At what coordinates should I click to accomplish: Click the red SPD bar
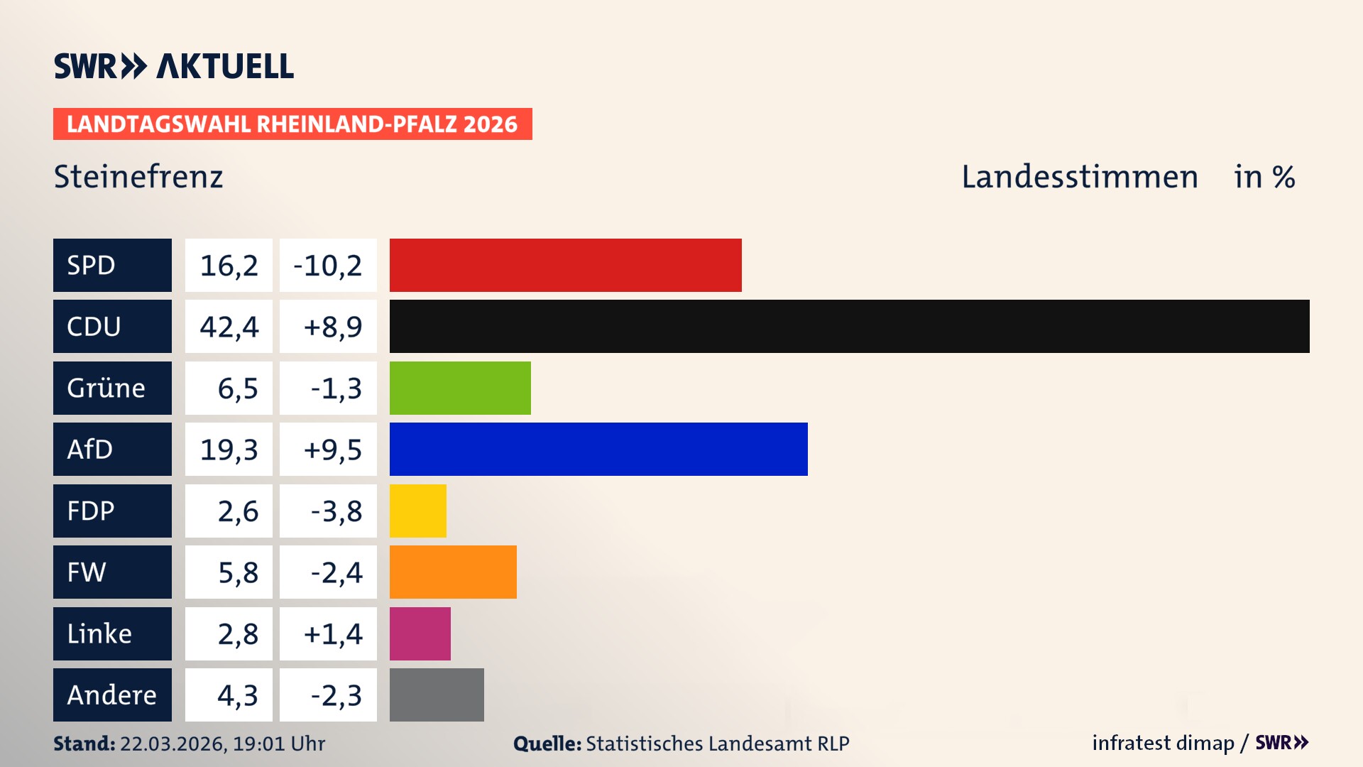pos(565,265)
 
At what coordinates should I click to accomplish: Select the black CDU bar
pos(849,326)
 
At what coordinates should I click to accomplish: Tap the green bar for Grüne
pos(460,388)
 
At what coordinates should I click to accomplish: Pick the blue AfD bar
pos(598,449)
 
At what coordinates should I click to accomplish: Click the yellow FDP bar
pos(417,511)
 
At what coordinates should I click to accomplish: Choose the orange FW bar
pos(453,572)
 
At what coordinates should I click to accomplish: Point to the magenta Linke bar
pos(420,633)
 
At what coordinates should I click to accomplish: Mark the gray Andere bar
pos(437,695)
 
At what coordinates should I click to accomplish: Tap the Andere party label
pos(112,695)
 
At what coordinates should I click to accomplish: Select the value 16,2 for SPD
pos(229,265)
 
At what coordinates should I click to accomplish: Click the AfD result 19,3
pos(229,449)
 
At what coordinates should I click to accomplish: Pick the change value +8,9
pos(332,326)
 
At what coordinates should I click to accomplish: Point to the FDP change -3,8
pos(336,511)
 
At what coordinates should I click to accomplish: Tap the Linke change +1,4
pos(332,633)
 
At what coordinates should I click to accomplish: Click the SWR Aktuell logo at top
pos(174,66)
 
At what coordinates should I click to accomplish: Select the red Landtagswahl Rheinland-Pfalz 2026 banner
pos(292,124)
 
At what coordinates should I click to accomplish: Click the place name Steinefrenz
pos(138,176)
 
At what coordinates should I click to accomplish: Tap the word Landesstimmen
pos(1079,176)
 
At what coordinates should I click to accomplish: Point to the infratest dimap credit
pos(1163,743)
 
